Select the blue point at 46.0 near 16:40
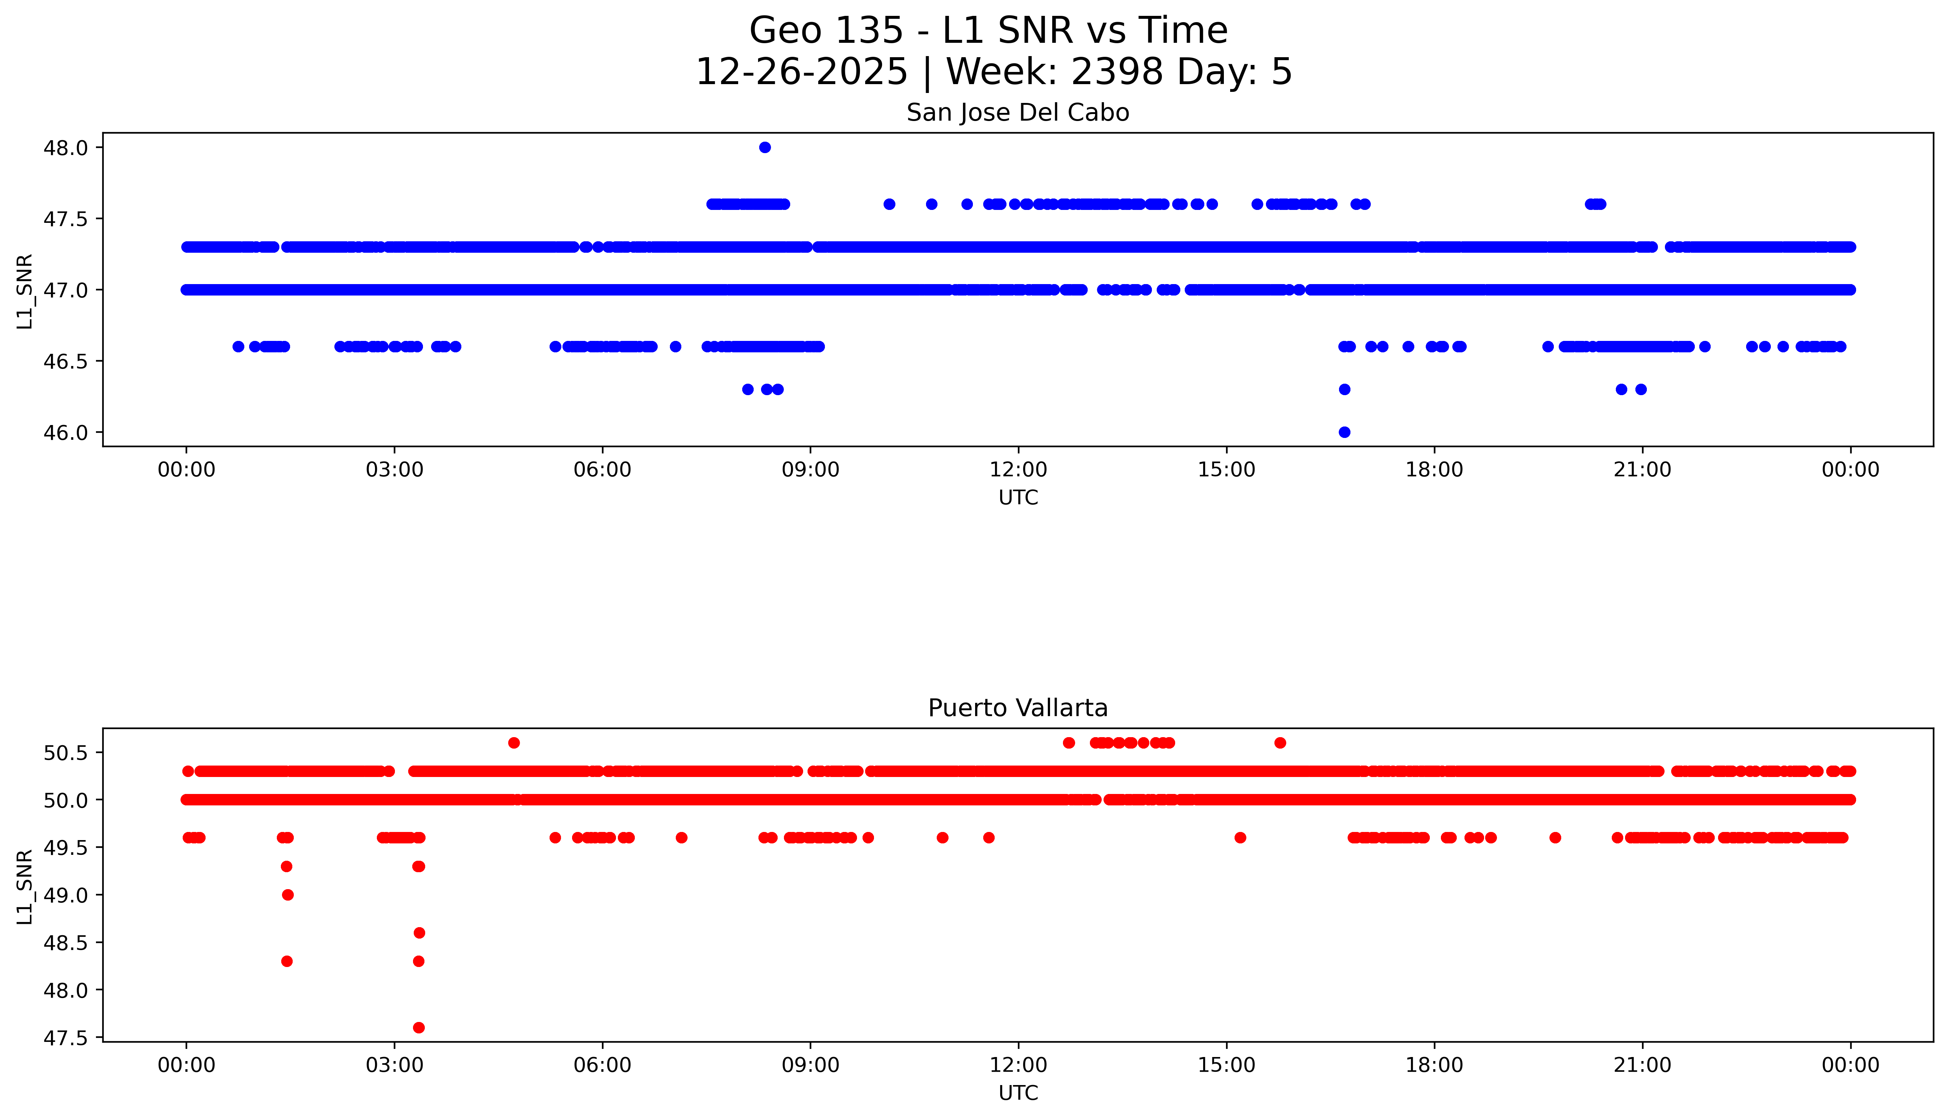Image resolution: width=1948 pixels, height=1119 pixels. [1344, 432]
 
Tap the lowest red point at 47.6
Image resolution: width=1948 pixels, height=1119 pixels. [418, 1028]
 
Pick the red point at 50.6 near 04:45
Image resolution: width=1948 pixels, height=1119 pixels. [513, 742]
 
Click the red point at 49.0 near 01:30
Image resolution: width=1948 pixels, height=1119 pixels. [288, 895]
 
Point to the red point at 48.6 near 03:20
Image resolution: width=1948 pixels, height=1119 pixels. [419, 933]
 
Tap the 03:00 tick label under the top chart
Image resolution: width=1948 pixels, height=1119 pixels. [395, 470]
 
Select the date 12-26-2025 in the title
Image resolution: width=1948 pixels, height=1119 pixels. [802, 72]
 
